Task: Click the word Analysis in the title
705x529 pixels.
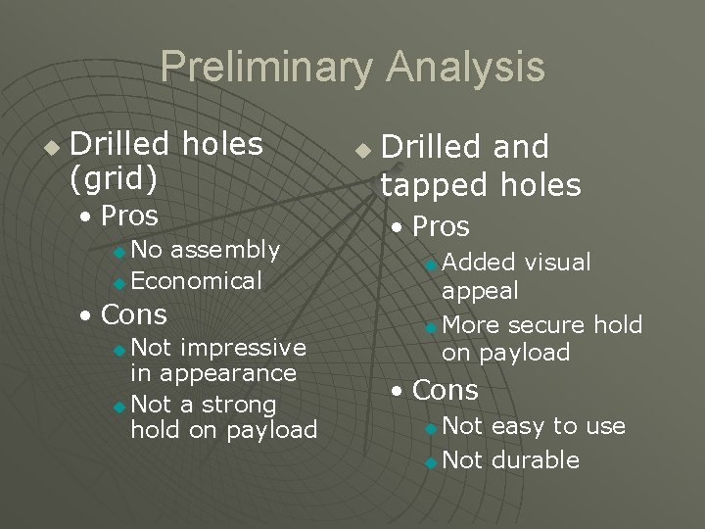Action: pyautogui.click(x=465, y=68)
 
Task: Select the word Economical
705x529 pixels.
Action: pyautogui.click(x=196, y=281)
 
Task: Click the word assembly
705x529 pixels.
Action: pyautogui.click(x=231, y=251)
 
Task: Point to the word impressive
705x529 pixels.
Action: pyautogui.click(x=244, y=347)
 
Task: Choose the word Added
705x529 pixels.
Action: pyautogui.click(x=479, y=263)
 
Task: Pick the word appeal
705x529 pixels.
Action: pyautogui.click(x=480, y=290)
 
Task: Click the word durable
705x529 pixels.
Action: pyautogui.click(x=535, y=459)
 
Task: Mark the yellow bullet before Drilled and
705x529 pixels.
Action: pyautogui.click(x=362, y=152)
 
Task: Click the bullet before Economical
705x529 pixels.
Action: pyautogui.click(x=119, y=283)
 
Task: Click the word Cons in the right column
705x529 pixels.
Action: pyautogui.click(x=445, y=390)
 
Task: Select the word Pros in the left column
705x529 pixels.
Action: pyautogui.click(x=129, y=215)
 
